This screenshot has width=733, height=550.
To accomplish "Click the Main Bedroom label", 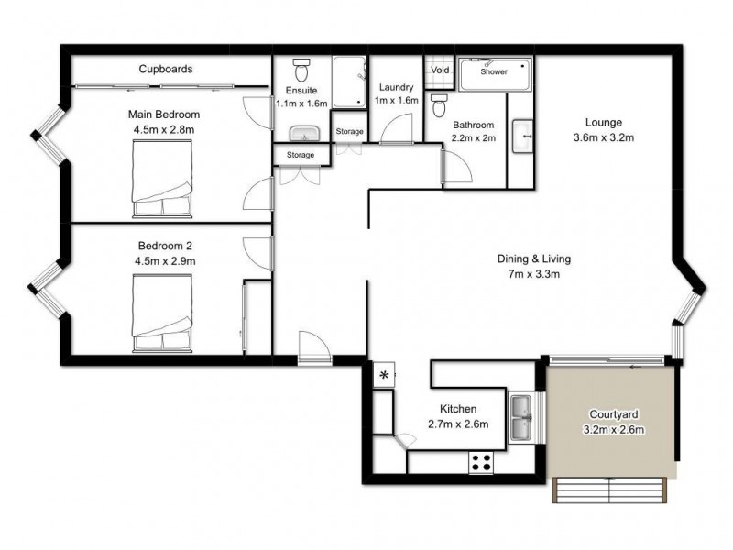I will click(165, 115).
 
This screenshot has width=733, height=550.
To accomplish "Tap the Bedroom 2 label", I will click(165, 246).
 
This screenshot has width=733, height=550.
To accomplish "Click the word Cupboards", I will click(165, 69).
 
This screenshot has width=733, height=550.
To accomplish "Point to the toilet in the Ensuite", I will click(301, 71).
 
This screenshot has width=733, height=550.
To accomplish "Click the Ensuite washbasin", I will click(302, 134).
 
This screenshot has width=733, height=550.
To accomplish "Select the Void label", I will click(440, 70).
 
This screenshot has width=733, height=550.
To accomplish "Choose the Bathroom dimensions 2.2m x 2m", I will click(473, 138).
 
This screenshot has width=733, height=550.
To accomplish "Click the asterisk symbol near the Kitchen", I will click(384, 375).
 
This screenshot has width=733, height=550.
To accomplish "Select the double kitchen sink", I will click(522, 417).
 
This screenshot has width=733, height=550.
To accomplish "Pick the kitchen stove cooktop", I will click(482, 462).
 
